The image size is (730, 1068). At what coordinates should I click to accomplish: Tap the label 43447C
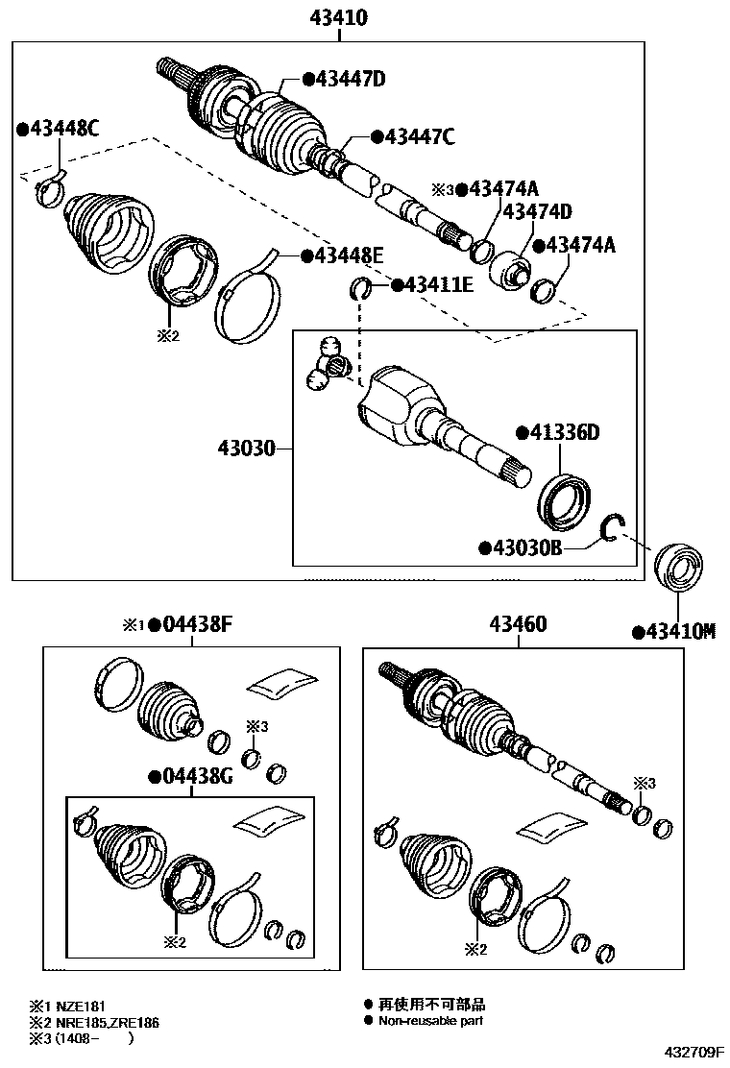click(419, 136)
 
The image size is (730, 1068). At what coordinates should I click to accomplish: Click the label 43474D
click(537, 211)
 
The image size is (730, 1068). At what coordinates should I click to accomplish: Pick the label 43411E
click(438, 284)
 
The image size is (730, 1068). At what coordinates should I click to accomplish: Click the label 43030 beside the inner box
click(247, 449)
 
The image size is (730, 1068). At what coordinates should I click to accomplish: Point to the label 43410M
click(680, 631)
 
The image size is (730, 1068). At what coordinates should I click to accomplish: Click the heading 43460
click(519, 624)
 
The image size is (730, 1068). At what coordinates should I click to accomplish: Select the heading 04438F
click(195, 624)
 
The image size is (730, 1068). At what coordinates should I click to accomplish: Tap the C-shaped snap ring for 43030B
click(612, 529)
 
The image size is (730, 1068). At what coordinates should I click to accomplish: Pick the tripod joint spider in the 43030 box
click(327, 363)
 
